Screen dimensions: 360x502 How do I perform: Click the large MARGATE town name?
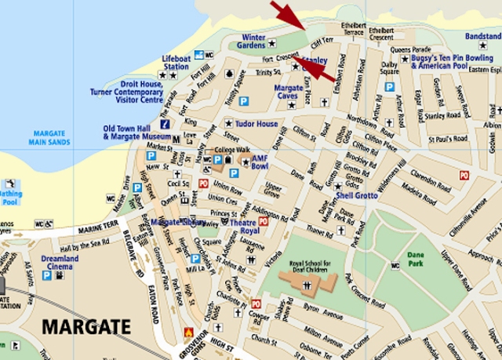tap(87, 325)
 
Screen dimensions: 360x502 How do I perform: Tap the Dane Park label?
tap(416, 259)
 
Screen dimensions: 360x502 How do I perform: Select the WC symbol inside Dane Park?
tap(395, 266)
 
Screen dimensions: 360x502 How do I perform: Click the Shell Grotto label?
tap(356, 195)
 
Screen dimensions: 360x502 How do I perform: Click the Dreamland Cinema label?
tap(60, 264)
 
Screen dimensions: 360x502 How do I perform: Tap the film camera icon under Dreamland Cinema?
tap(58, 275)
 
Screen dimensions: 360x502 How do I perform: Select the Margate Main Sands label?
tap(49, 138)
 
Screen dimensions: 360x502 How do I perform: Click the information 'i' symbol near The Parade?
tap(166, 124)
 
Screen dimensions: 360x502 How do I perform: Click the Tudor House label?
tap(257, 124)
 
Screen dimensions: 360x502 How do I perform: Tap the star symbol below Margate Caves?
tap(293, 103)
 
